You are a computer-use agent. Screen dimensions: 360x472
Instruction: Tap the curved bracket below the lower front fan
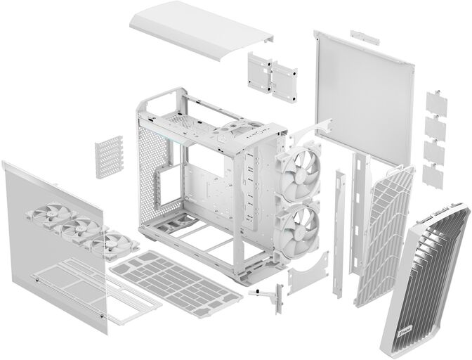[x=310, y=270]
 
